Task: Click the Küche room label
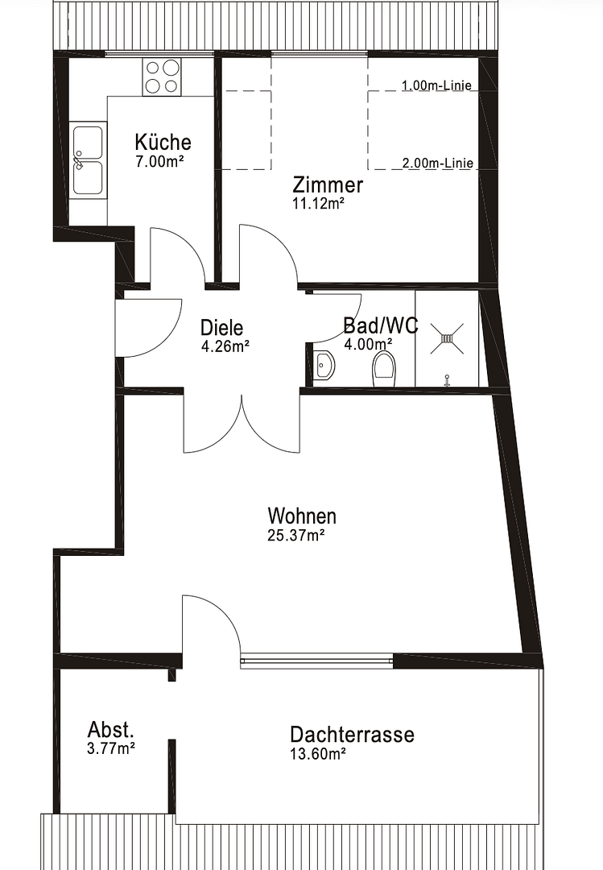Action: pos(163,142)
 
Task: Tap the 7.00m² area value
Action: pos(159,161)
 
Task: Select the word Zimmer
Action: pos(328,184)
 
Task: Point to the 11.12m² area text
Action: pos(319,204)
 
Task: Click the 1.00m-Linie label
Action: pos(436,85)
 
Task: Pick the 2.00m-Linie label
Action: pos(438,163)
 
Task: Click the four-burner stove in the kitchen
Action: pos(162,77)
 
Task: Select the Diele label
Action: pos(222,327)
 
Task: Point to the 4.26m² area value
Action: pos(225,346)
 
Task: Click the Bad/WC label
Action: pos(381,325)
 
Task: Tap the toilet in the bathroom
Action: pos(385,367)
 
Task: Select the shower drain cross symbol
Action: pos(447,338)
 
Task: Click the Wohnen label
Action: pos(302,516)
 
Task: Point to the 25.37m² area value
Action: pos(295,536)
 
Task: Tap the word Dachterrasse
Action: pos(353,735)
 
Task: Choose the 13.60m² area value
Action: pos(318,753)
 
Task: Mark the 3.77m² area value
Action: pos(111,748)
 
